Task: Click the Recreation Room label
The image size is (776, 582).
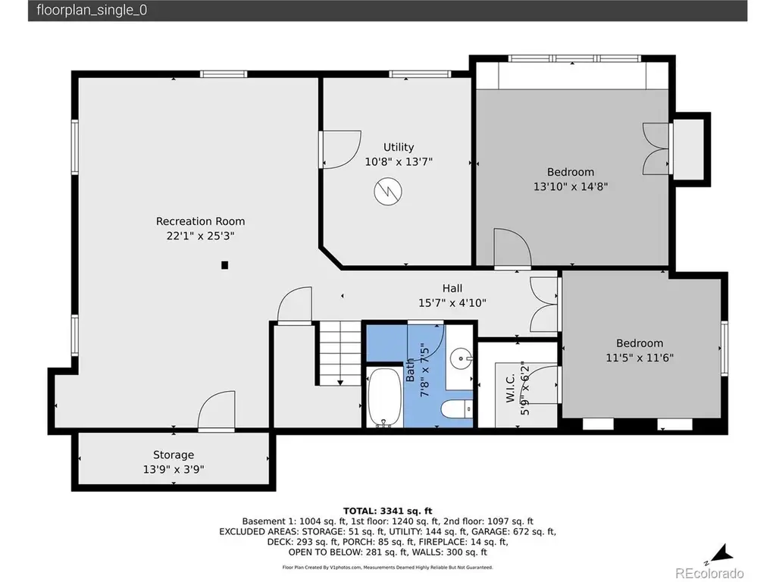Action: [x=200, y=221]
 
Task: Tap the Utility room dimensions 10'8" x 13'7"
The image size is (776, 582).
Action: [x=399, y=162]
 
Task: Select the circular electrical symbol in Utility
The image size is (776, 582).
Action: [x=388, y=192]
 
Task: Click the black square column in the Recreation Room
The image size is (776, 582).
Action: [x=224, y=265]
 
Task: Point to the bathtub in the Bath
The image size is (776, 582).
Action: [x=384, y=397]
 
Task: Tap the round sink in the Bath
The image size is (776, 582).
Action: [x=462, y=358]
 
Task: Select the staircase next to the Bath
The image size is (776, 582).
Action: [x=339, y=353]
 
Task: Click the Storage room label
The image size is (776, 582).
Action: [x=174, y=455]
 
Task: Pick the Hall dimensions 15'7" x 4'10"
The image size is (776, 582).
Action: [x=452, y=303]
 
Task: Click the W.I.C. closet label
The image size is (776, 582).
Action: [x=511, y=388]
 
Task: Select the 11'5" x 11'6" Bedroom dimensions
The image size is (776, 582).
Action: [x=640, y=358]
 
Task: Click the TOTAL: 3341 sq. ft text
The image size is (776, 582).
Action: [x=387, y=512]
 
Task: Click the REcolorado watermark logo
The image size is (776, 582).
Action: [x=709, y=573]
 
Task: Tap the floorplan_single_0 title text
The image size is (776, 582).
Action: [x=92, y=11]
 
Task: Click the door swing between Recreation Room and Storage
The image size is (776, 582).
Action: [x=217, y=410]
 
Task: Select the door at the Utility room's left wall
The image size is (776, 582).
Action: [x=340, y=149]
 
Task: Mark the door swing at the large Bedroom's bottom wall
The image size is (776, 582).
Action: [x=513, y=248]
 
